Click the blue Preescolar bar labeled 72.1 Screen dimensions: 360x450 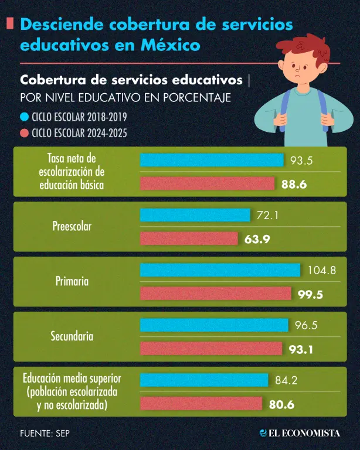195,215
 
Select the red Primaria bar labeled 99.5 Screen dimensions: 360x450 216,294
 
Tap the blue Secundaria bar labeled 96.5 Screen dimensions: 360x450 214,325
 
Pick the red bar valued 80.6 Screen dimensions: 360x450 201,404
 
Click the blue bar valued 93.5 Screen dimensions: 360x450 212,160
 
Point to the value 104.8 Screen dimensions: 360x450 322,270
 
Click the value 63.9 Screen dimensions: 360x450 257,239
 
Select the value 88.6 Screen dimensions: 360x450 294,184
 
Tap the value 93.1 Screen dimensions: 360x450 301,350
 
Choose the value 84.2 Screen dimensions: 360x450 286,380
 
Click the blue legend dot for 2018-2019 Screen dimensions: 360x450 25,117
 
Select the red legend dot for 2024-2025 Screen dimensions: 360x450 25,133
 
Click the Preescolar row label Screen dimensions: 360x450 72,226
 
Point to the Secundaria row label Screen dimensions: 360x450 72,336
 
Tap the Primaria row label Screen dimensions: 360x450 72,281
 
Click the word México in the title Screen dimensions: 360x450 171,45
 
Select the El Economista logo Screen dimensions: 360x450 300,433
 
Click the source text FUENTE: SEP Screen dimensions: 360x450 45,433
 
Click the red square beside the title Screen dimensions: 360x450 10,23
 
